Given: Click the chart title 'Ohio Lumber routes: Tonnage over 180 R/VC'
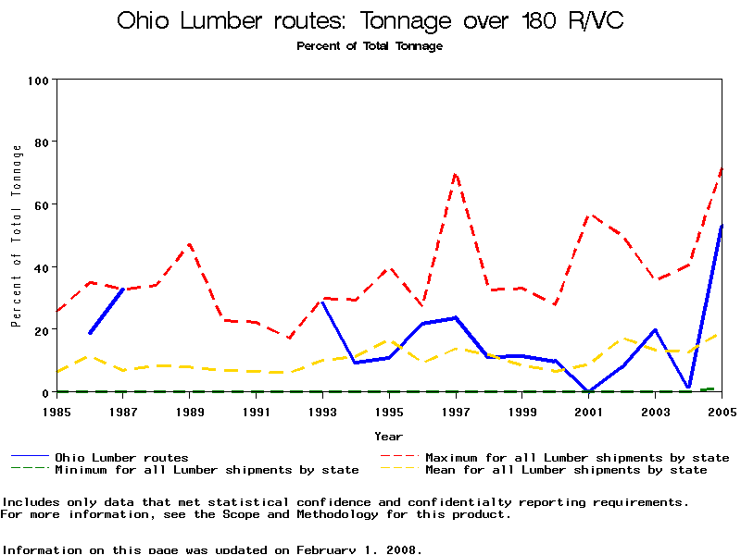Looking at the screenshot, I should [x=370, y=20].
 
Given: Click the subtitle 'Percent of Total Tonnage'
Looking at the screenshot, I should [x=370, y=46].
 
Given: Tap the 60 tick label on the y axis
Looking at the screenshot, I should [x=40, y=204].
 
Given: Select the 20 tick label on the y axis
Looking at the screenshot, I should [x=40, y=330].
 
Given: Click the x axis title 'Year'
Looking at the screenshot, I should [x=389, y=436].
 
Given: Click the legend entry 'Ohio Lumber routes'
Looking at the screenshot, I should [x=121, y=457].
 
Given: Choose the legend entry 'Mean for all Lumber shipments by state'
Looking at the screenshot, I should [x=566, y=470].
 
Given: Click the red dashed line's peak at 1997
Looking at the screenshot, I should [x=456, y=173].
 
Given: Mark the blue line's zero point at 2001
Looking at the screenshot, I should [x=589, y=391].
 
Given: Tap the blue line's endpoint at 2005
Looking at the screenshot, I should [x=722, y=225].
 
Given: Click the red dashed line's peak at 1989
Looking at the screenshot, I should [x=190, y=244].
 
